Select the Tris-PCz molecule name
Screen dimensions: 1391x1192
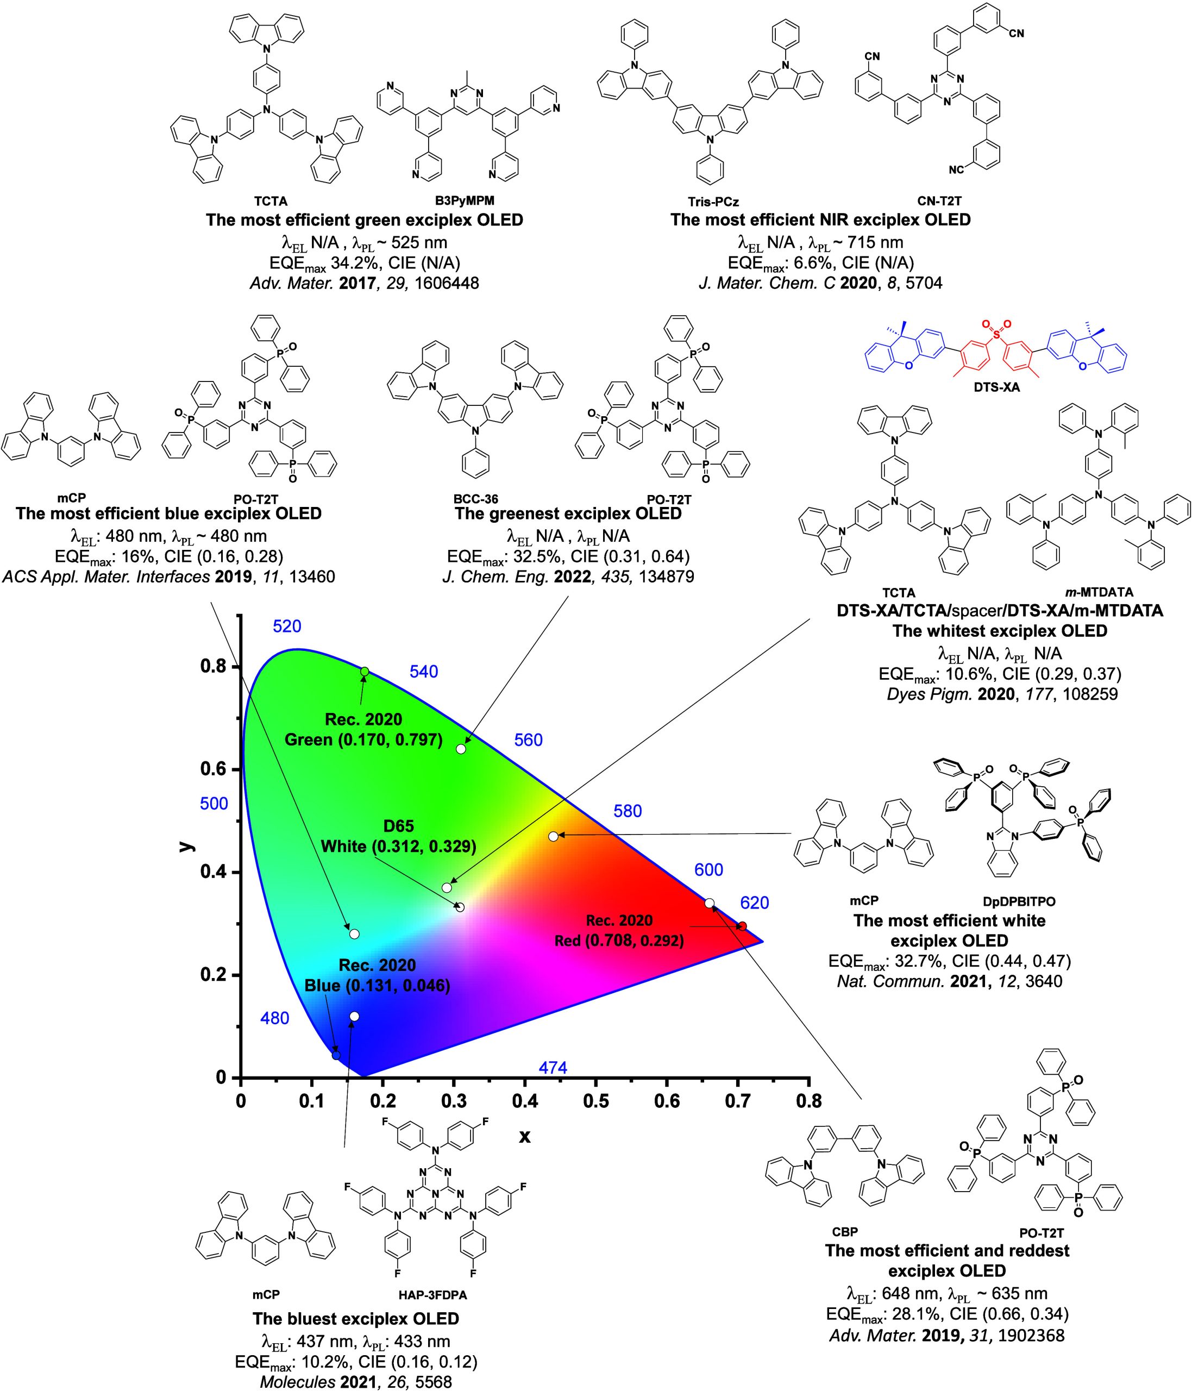pyautogui.click(x=706, y=200)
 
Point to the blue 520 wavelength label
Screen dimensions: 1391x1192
pyautogui.click(x=286, y=626)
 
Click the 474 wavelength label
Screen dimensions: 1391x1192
pyautogui.click(x=553, y=1067)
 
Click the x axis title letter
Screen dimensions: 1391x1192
pyautogui.click(x=525, y=1136)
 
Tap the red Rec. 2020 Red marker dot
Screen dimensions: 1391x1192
pyautogui.click(x=742, y=926)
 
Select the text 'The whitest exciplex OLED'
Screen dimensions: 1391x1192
pyautogui.click(x=999, y=631)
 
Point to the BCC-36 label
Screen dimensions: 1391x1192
pyautogui.click(x=476, y=499)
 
